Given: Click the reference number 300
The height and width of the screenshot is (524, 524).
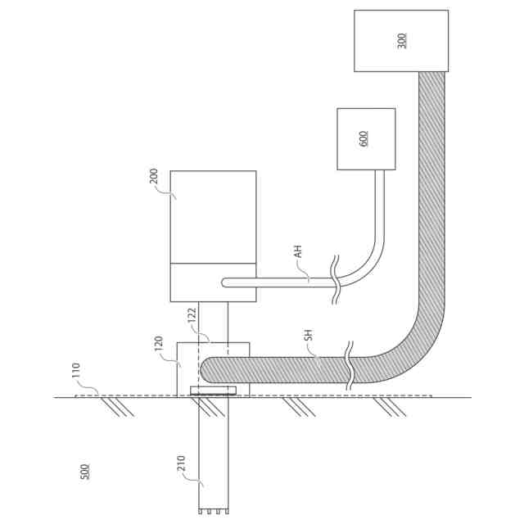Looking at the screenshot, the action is pos(402,40).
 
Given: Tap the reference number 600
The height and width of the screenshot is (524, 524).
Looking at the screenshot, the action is pos(364,138).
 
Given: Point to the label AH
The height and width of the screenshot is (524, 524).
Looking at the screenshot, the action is pos(299,251).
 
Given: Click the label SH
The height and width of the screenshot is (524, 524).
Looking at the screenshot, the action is pos(308,336).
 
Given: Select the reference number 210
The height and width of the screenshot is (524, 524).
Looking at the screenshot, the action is pos(182,464).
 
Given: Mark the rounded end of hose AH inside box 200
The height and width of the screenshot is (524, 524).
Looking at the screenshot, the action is pos(227,282).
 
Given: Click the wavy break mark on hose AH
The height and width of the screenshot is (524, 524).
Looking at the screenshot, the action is pos(336,281).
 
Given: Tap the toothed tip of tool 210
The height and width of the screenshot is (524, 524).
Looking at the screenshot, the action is pos(213,510).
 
